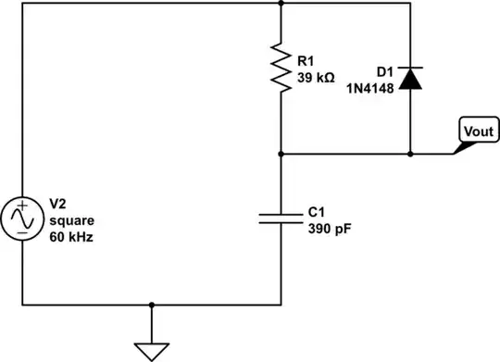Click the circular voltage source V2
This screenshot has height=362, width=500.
coord(20,219)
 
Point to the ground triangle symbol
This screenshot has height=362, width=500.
coord(151,351)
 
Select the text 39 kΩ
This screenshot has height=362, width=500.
coord(317,78)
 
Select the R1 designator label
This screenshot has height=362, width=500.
coord(306,62)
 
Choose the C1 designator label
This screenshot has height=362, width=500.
coord(317,210)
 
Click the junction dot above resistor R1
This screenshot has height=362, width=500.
coord(281,4)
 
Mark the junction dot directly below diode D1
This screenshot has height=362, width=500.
coord(411,154)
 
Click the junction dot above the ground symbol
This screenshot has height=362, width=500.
coord(151,304)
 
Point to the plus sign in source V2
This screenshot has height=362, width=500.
coord(20,209)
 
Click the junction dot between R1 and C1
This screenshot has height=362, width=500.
coord(281,154)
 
